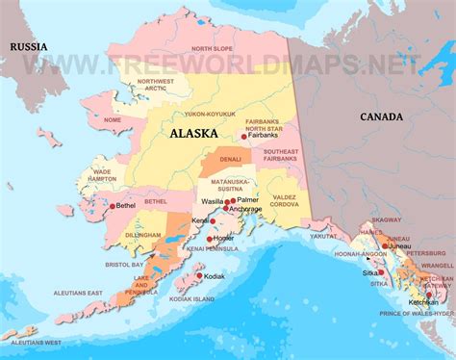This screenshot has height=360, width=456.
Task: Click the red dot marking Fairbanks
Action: coord(244,138)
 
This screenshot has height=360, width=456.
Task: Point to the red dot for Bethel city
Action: coord(113,205)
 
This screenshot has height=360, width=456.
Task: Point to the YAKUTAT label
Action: coord(324,234)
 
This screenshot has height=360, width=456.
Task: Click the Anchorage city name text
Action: coord(244,209)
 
